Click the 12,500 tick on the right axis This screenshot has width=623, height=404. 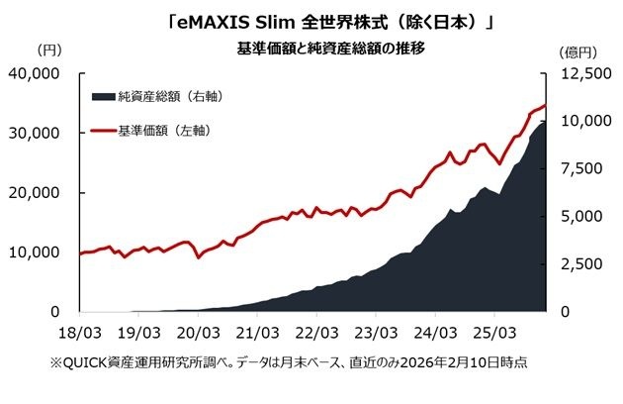(x=578, y=74)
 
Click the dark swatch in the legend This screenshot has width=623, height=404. (x=102, y=96)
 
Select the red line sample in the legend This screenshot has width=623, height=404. (x=102, y=130)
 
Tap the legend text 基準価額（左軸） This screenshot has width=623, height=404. (x=163, y=130)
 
